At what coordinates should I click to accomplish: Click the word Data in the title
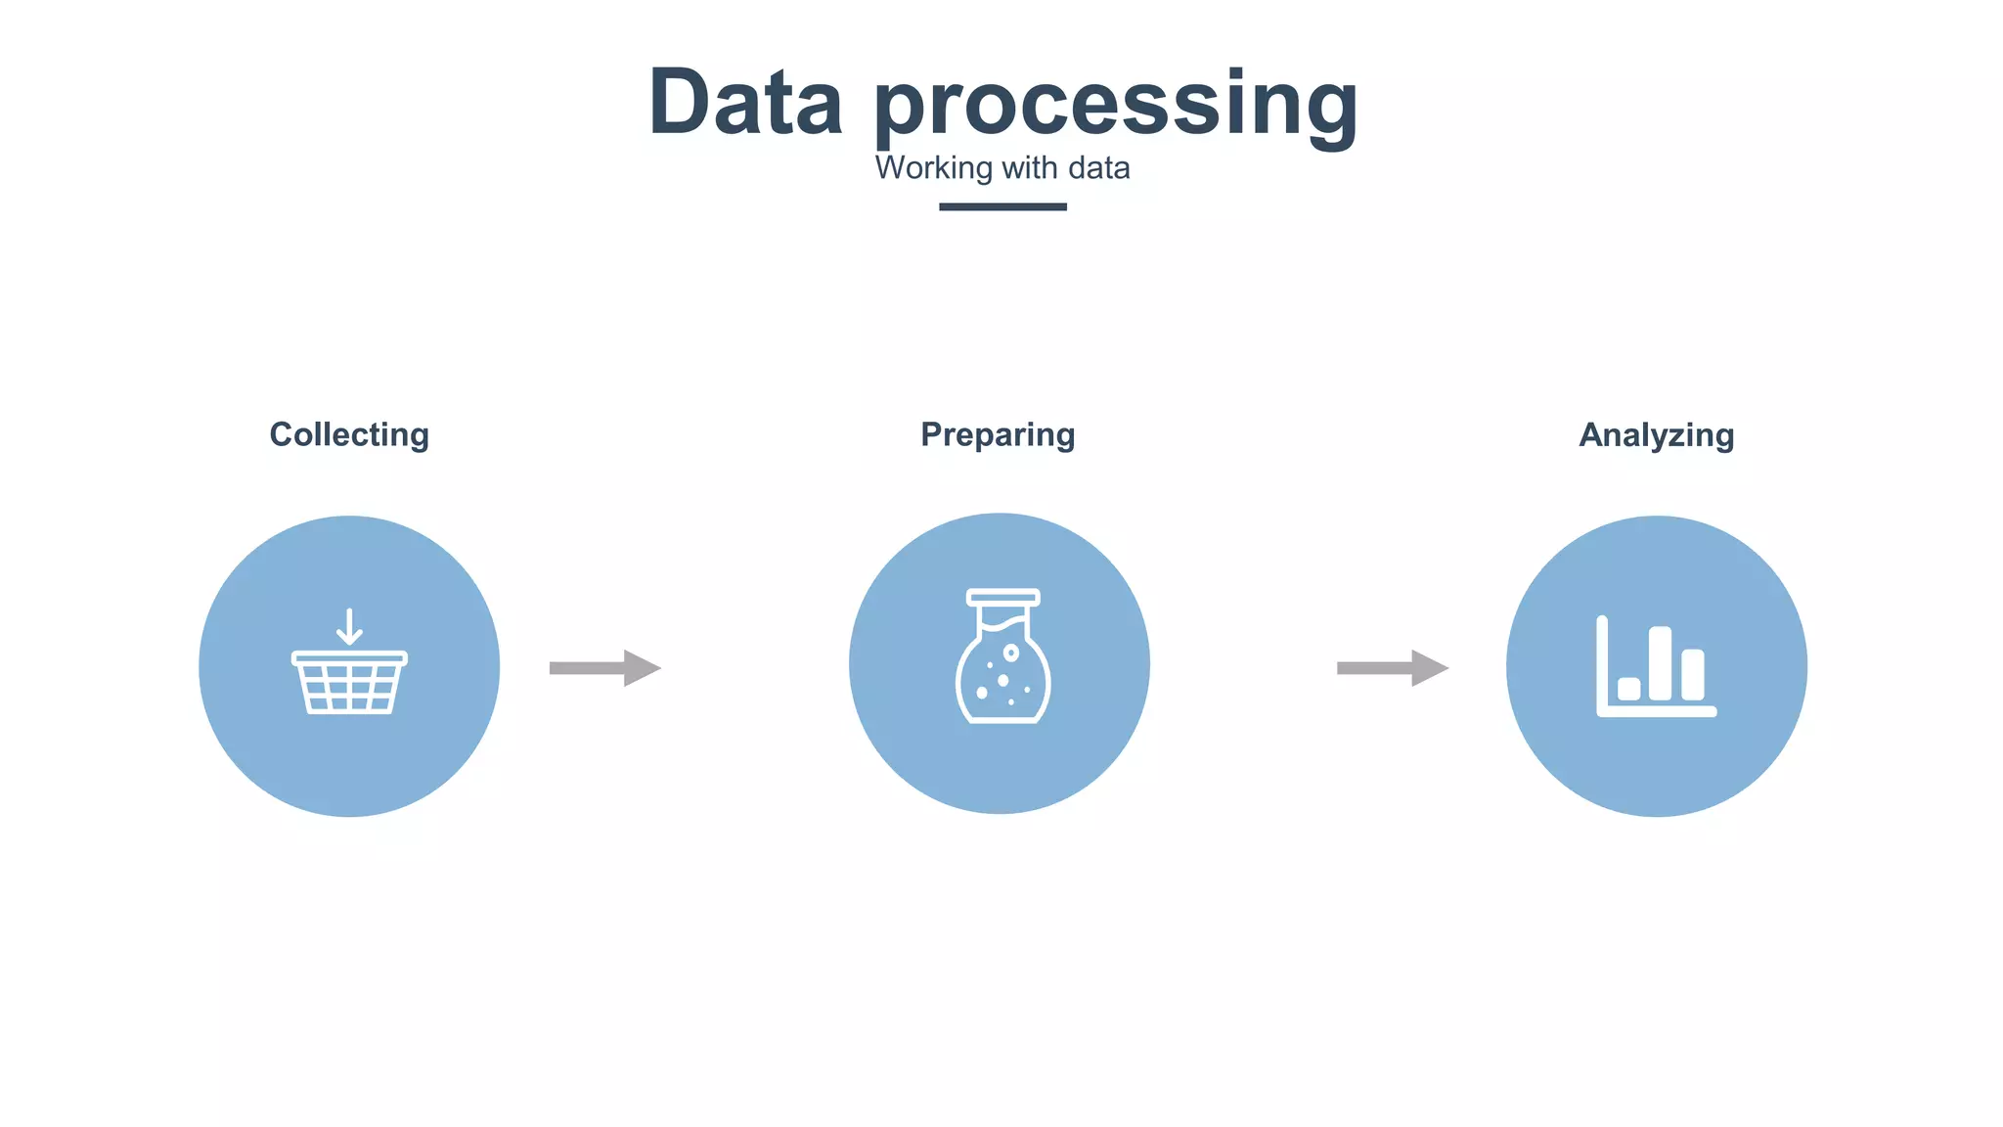point(745,103)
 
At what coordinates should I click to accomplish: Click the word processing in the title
point(1115,106)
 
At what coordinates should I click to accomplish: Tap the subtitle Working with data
point(1001,168)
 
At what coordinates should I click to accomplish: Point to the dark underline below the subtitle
point(1002,206)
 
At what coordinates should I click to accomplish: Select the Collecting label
point(349,434)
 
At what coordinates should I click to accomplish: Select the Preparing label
point(998,434)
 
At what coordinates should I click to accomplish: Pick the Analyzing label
point(1656,434)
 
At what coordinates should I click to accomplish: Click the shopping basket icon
point(349,682)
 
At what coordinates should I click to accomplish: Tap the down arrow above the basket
point(349,627)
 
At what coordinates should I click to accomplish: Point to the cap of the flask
point(1002,597)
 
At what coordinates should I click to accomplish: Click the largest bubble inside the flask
point(1011,653)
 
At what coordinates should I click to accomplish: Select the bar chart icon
point(1656,667)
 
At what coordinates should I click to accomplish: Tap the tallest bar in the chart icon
point(1660,663)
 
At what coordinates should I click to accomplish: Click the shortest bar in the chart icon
point(1628,689)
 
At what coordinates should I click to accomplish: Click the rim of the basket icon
point(349,658)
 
